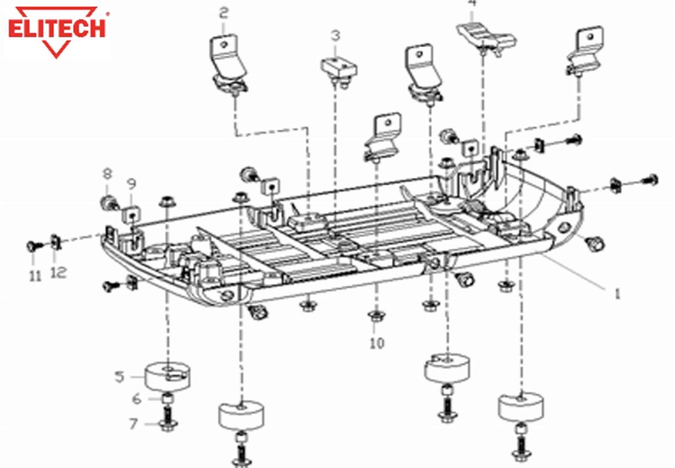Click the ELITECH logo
click(x=58, y=30)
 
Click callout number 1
click(x=617, y=293)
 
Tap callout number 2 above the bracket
click(x=224, y=12)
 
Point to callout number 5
click(x=119, y=377)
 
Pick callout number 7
click(x=133, y=424)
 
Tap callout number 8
click(x=107, y=173)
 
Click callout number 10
click(x=377, y=343)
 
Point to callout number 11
click(x=36, y=274)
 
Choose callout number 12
click(x=59, y=273)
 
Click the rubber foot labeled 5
click(x=167, y=376)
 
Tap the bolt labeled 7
click(x=167, y=420)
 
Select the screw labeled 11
click(x=33, y=246)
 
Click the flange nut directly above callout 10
click(x=375, y=316)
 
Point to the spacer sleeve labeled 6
click(x=167, y=398)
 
